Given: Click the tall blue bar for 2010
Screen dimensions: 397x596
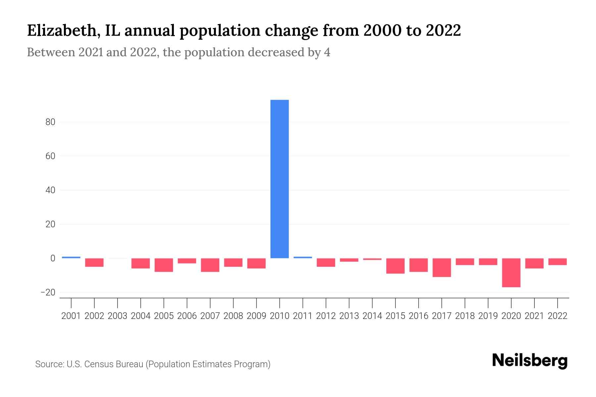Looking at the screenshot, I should pos(279,179).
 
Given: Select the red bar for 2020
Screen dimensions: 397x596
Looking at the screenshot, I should pos(511,273).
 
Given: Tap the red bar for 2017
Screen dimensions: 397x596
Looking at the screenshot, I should pos(442,268).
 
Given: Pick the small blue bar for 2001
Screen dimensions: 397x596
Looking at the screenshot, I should pos(71,257).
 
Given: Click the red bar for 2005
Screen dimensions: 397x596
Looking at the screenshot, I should pos(164,265).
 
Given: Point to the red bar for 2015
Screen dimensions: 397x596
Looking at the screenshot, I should pos(395,266).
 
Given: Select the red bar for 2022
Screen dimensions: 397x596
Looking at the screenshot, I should pos(558,262).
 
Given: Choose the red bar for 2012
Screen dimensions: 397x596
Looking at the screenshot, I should pos(326,262).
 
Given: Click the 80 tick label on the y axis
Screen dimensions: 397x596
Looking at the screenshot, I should pos(50,122).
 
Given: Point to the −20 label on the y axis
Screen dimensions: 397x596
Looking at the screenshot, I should pos(48,292).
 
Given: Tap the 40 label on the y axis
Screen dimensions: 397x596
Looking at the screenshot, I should pos(50,190).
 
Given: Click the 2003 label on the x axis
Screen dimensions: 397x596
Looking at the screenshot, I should pos(118,316).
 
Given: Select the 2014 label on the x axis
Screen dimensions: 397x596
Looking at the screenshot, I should pos(372,316).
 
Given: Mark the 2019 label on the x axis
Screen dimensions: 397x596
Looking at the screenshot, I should pos(488,316).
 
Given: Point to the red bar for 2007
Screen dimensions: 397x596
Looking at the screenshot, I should pos(210,265).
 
